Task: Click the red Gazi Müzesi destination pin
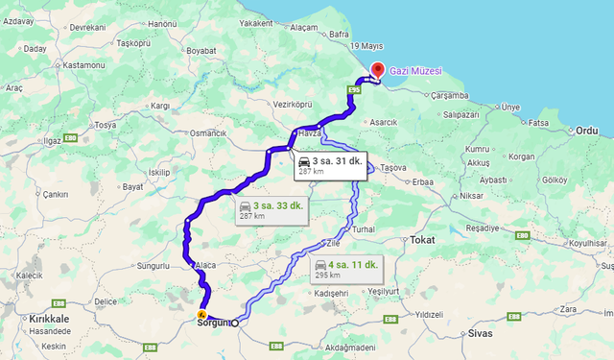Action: (x=377, y=70)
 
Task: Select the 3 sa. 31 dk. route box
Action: (x=329, y=166)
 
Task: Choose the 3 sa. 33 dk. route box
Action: (x=272, y=210)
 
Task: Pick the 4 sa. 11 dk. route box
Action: (x=346, y=268)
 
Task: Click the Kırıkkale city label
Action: (x=49, y=318)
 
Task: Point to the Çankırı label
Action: (x=57, y=193)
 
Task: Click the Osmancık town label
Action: (x=208, y=132)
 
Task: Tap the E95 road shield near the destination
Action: (x=354, y=91)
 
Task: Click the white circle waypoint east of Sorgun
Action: (x=235, y=323)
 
